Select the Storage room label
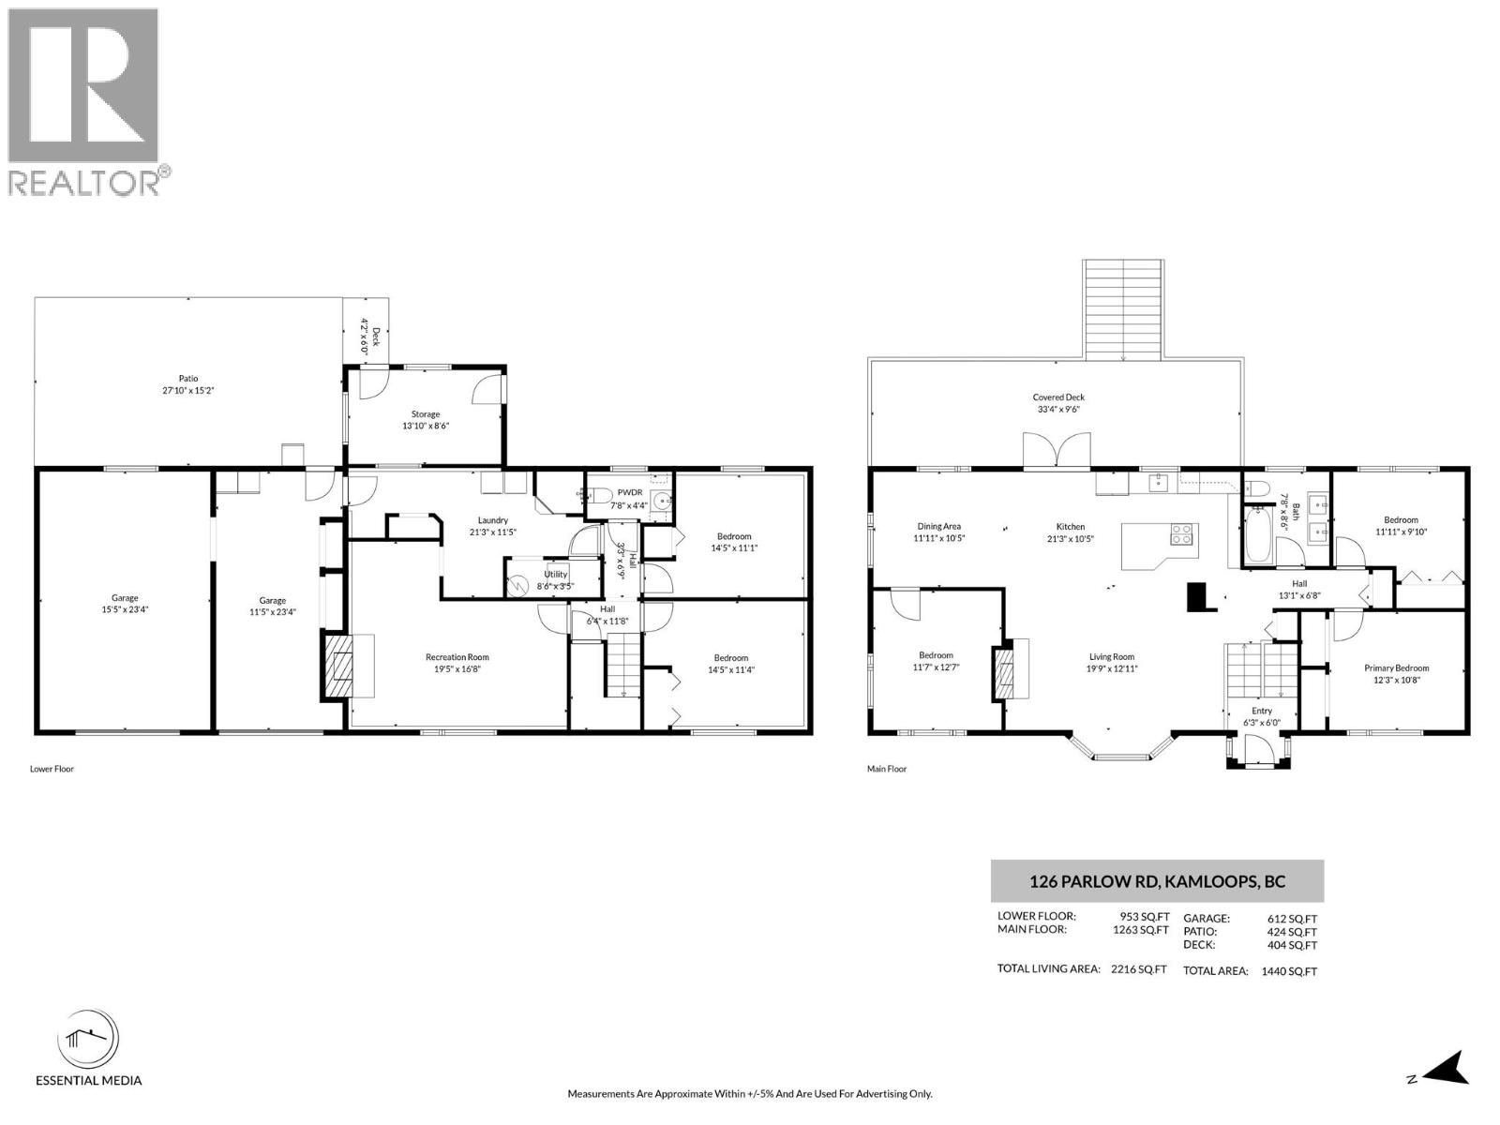(425, 414)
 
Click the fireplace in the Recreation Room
(336, 666)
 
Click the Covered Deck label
(1058, 397)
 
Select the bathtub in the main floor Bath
(1256, 534)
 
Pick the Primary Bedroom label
(1396, 668)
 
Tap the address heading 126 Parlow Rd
(1157, 881)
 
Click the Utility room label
(555, 575)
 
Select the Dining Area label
(938, 527)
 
